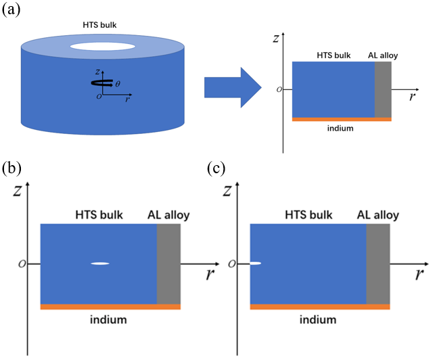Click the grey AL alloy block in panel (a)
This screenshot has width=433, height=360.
383,89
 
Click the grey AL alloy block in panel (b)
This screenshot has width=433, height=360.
168,264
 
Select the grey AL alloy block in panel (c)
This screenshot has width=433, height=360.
378,264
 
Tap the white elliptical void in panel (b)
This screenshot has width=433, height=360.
100,263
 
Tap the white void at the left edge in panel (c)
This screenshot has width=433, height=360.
255,263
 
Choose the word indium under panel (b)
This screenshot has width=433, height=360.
109,319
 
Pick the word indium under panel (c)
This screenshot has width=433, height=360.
319,319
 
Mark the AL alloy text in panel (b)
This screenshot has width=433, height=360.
168,215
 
